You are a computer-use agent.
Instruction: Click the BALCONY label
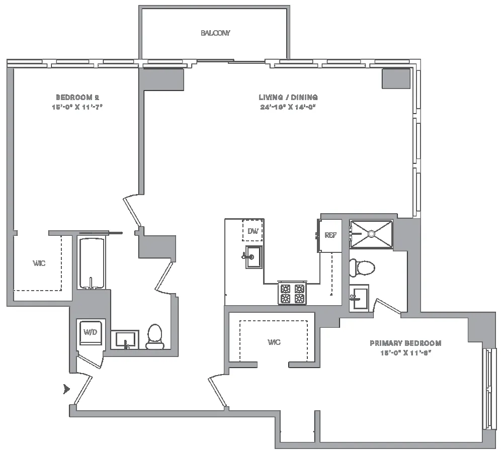[215, 33]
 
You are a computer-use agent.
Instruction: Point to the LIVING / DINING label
[288, 97]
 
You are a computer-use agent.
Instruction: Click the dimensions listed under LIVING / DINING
[288, 107]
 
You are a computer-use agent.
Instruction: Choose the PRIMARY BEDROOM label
[405, 343]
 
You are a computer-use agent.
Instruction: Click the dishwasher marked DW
[253, 231]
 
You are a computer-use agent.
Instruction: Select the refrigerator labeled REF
[330, 235]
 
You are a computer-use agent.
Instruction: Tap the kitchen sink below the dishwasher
[254, 257]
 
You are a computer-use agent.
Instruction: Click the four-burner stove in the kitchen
[292, 294]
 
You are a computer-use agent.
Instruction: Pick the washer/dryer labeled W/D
[91, 332]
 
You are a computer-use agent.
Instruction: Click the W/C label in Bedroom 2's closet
[39, 263]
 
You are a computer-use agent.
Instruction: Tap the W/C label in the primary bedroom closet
[274, 342]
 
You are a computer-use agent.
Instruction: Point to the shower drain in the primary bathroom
[371, 233]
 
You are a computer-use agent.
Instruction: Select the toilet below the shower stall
[362, 267]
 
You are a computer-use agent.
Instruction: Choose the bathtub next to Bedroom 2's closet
[92, 263]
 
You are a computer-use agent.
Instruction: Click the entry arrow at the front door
[66, 388]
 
